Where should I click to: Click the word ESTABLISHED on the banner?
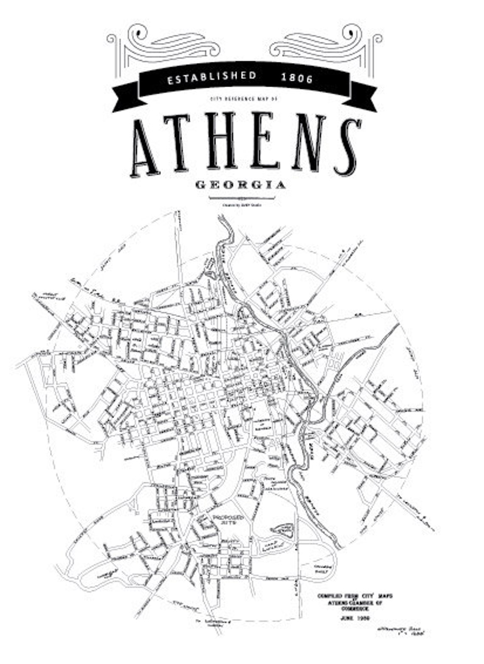(x=211, y=77)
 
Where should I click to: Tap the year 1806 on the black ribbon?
(x=297, y=78)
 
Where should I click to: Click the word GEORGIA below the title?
(x=241, y=185)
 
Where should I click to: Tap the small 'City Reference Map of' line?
(x=243, y=99)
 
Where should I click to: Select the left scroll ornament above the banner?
(x=163, y=45)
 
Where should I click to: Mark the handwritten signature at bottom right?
(x=401, y=630)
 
